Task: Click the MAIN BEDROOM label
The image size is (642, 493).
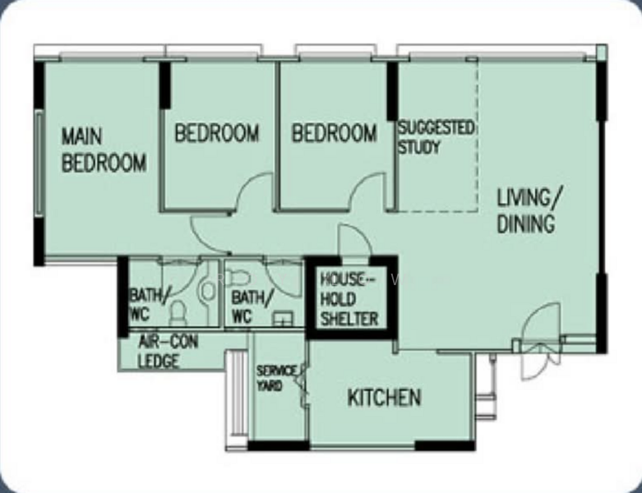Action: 104,150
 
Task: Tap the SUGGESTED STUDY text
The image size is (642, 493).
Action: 436,137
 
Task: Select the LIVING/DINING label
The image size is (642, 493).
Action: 530,210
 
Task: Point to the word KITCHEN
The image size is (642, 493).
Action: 384,397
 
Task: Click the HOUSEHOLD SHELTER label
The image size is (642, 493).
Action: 349,299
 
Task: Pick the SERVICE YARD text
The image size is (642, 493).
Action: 276,378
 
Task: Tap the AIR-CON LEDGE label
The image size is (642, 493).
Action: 168,351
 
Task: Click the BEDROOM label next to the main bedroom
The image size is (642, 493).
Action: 217,133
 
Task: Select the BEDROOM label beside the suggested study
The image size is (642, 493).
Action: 334,133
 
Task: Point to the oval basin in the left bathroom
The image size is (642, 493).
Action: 208,290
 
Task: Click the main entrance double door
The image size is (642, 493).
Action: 538,343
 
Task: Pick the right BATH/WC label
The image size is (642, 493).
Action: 252,307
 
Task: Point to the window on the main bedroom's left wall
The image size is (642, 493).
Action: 39,164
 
